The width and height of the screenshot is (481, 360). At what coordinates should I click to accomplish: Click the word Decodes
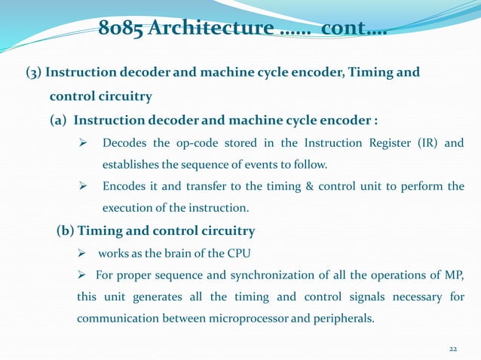pyautogui.click(x=126, y=143)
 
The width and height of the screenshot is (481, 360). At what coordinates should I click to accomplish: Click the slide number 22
pyautogui.click(x=453, y=349)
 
